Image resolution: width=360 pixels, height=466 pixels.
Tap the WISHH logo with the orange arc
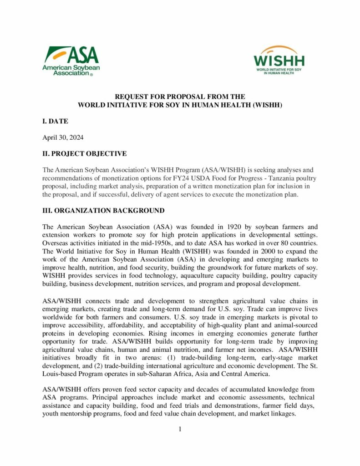pyautogui.click(x=279, y=60)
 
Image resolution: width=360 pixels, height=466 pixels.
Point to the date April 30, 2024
pyautogui.click(x=63, y=137)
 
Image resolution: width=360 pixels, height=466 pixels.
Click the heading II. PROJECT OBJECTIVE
pyautogui.click(x=85, y=153)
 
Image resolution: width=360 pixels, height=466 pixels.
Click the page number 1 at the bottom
pyautogui.click(x=180, y=429)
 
